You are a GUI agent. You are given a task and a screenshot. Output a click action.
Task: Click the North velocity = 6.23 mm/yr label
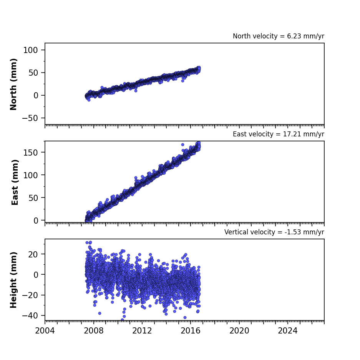click(279, 36)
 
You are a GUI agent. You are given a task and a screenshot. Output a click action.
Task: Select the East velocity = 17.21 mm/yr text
click(279, 134)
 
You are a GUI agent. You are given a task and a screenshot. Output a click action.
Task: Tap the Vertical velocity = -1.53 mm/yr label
click(274, 232)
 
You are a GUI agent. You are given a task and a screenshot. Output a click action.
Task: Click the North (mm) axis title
click(13, 84)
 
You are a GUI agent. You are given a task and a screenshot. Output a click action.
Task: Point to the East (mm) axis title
click(15, 182)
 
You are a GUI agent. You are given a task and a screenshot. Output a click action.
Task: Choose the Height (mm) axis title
click(13, 280)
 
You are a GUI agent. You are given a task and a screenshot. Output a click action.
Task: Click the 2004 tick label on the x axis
click(45, 331)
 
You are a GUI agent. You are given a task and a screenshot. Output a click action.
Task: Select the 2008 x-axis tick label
click(94, 331)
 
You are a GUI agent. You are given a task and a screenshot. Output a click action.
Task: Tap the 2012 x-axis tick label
click(142, 331)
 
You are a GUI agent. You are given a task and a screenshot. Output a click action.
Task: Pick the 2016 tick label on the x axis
click(191, 331)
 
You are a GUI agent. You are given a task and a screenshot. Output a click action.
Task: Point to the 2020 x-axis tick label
click(239, 331)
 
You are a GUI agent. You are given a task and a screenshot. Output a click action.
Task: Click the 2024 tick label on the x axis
click(288, 331)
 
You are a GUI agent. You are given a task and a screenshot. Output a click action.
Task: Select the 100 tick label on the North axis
click(30, 50)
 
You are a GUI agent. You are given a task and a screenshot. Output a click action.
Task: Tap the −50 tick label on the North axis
click(30, 118)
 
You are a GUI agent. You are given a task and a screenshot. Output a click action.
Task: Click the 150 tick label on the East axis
click(30, 153)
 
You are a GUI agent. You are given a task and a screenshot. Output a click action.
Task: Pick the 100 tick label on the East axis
click(30, 175)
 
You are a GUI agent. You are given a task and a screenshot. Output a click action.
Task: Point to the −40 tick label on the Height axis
click(30, 316)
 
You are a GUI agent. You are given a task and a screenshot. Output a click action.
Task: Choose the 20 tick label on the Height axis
click(33, 254)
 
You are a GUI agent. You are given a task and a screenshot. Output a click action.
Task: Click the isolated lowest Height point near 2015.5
click(185, 317)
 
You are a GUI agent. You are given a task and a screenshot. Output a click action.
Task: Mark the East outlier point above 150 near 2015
click(183, 144)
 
